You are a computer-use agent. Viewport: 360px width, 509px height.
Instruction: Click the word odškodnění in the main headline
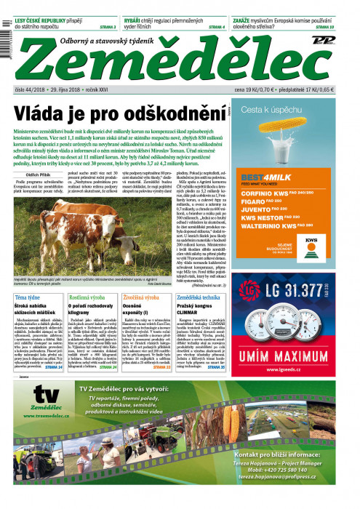[x=175, y=115]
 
